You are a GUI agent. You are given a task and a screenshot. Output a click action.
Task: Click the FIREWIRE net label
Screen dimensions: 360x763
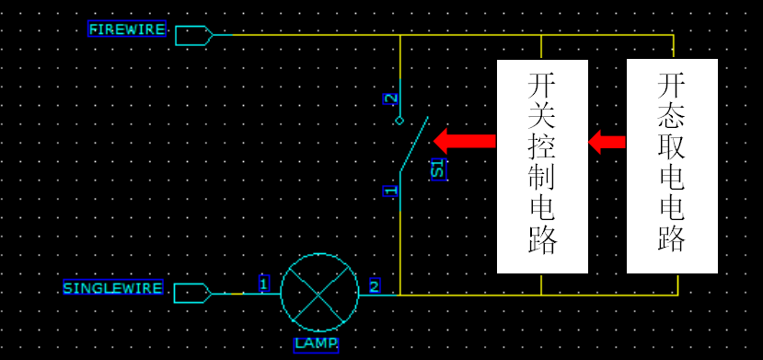click(127, 29)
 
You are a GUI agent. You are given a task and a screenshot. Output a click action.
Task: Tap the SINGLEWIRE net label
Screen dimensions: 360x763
click(112, 288)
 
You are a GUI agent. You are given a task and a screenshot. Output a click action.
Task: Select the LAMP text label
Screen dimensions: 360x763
click(316, 344)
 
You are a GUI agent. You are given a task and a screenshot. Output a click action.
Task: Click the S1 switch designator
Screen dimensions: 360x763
click(438, 168)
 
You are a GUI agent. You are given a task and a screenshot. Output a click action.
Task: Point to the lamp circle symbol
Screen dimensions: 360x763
click(319, 292)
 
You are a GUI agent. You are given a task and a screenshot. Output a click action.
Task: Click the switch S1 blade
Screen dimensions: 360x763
click(413, 145)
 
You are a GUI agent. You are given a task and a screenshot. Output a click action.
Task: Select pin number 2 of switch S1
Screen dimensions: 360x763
click(390, 99)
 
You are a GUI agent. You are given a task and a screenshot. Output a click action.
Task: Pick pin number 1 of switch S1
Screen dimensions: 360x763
click(390, 191)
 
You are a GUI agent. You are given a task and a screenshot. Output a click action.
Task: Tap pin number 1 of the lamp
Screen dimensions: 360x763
click(263, 284)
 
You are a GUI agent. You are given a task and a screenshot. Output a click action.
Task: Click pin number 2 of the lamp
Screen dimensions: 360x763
click(374, 285)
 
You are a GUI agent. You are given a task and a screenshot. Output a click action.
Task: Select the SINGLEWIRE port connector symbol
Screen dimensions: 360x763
click(192, 293)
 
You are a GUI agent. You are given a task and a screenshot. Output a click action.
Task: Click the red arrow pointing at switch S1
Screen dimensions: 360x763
click(464, 141)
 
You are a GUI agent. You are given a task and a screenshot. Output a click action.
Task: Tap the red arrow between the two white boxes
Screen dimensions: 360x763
click(607, 142)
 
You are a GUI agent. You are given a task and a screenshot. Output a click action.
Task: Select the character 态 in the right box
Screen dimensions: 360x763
click(672, 122)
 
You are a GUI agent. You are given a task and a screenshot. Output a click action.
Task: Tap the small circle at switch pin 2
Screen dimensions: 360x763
click(399, 121)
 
